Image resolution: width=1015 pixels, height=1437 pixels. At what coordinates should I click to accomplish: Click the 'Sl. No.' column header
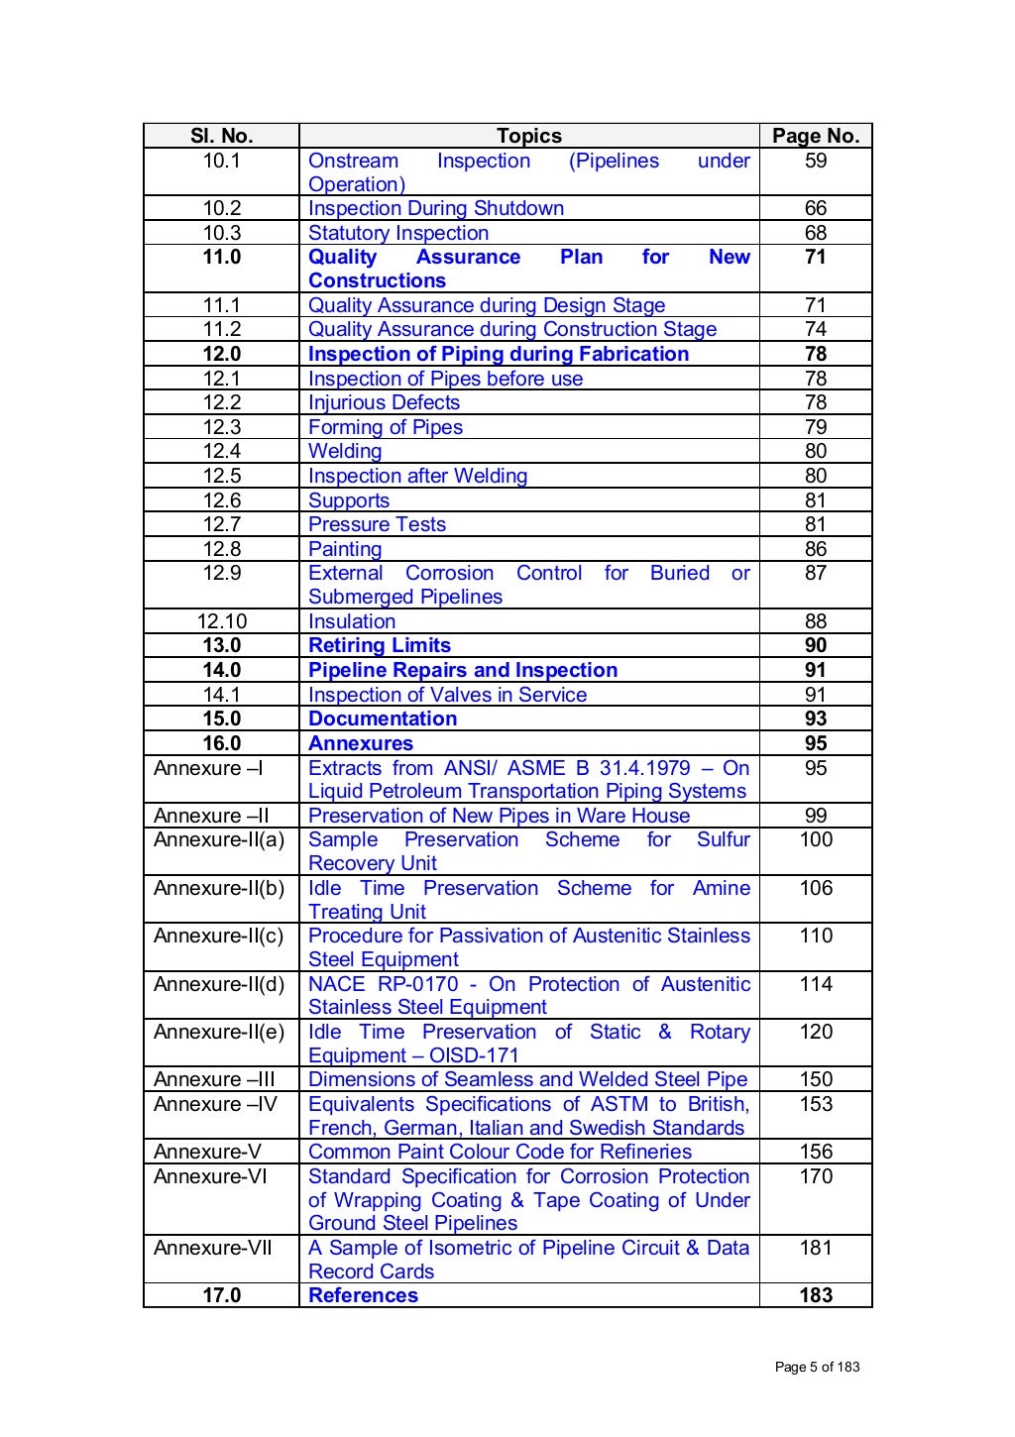pyautogui.click(x=221, y=136)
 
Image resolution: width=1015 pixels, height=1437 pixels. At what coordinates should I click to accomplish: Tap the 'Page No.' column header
pyautogui.click(x=815, y=136)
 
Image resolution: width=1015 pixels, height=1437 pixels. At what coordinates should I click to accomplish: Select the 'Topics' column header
pyautogui.click(x=528, y=136)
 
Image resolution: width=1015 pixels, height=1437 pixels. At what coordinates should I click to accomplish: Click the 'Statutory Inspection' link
pyautogui.click(x=397, y=233)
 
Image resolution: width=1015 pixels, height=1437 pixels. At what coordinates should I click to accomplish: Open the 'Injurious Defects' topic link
pyautogui.click(x=384, y=402)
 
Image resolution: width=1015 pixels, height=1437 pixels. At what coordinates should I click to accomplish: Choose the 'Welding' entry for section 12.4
pyautogui.click(x=344, y=451)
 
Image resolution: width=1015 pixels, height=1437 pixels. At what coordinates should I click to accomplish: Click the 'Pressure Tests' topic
pyautogui.click(x=377, y=524)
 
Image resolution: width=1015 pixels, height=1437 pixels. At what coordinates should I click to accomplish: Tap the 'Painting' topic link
pyautogui.click(x=344, y=549)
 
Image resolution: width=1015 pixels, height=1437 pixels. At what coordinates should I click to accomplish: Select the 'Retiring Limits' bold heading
pyautogui.click(x=379, y=645)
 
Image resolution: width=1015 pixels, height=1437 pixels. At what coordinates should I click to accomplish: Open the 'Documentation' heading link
pyautogui.click(x=382, y=718)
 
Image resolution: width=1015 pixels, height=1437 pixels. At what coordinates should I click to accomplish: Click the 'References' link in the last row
pyautogui.click(x=363, y=1295)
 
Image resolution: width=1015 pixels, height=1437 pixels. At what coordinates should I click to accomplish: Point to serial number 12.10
pyautogui.click(x=221, y=621)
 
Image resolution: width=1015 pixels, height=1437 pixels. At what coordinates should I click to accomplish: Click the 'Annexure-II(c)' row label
pyautogui.click(x=218, y=936)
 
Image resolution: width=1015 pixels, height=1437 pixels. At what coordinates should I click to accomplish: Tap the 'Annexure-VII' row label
pyautogui.click(x=212, y=1248)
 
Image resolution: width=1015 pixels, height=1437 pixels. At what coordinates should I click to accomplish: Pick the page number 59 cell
pyautogui.click(x=815, y=161)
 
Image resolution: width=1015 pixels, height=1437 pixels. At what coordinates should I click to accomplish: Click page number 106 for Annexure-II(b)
pyautogui.click(x=815, y=888)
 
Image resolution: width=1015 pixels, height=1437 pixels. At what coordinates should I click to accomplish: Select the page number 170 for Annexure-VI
pyautogui.click(x=815, y=1176)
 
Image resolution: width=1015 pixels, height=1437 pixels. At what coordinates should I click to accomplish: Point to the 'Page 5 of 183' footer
pyautogui.click(x=817, y=1367)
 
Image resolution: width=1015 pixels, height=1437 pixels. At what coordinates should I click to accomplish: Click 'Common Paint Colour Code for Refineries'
pyautogui.click(x=500, y=1152)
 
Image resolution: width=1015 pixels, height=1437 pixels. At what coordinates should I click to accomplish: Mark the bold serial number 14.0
pyautogui.click(x=221, y=670)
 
